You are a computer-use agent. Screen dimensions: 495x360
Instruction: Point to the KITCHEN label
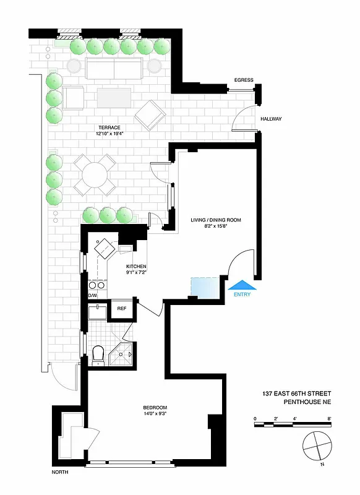(136, 267)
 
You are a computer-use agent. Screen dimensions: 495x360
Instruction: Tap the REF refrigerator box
(122, 308)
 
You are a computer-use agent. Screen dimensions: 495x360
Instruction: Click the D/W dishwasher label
(93, 296)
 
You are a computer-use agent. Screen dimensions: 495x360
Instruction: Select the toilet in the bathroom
(98, 355)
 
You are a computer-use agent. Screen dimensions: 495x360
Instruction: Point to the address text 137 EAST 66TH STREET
(297, 394)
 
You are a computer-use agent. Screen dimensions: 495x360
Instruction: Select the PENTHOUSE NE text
(308, 402)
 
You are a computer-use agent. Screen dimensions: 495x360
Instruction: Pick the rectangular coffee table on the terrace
(114, 98)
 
